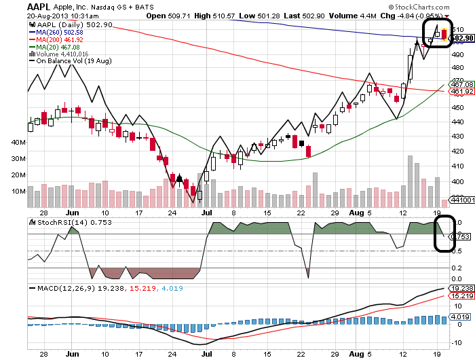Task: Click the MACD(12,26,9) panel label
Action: point(65,288)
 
